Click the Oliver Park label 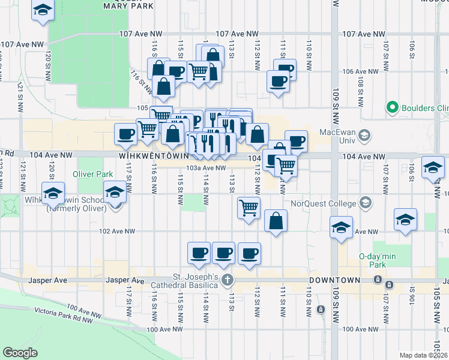click(x=92, y=174)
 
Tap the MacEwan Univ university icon click(x=363, y=136)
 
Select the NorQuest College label click(x=323, y=203)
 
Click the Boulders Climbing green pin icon click(x=393, y=108)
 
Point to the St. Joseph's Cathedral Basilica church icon click(x=227, y=280)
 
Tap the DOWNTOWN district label click(x=334, y=280)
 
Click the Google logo click(x=20, y=353)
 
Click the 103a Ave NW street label click(x=206, y=169)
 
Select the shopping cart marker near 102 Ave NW click(x=249, y=208)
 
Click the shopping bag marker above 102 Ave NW click(x=275, y=221)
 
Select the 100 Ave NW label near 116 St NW click(x=163, y=329)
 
